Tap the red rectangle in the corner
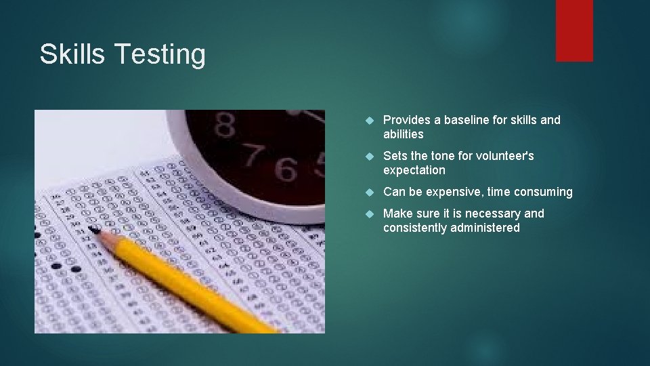574,30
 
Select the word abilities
403,134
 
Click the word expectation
414,170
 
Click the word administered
485,228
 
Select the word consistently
413,228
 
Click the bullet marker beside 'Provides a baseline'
369,121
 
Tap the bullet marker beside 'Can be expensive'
369,192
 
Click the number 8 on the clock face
225,125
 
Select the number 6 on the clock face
286,169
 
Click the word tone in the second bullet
442,156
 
